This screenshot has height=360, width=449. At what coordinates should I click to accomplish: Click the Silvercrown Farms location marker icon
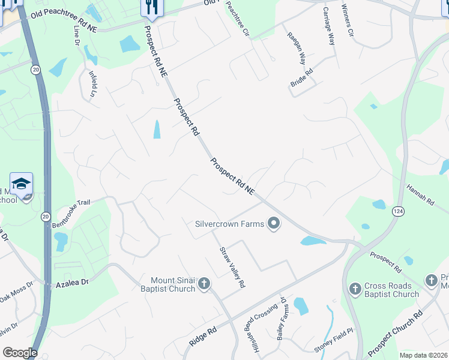click(x=274, y=224)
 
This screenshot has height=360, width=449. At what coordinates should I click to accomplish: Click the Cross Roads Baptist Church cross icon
click(x=355, y=290)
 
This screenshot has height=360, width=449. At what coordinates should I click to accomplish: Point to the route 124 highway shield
click(x=398, y=211)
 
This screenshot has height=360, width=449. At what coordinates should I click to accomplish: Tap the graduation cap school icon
click(x=21, y=182)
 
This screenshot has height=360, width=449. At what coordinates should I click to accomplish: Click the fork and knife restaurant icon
click(x=151, y=7)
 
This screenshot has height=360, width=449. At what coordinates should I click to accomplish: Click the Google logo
click(x=20, y=353)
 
